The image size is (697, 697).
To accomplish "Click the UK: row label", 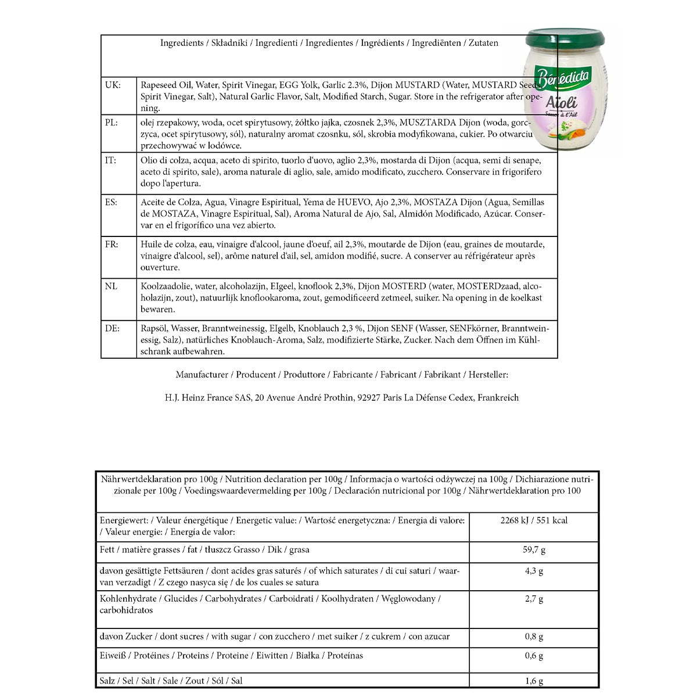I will click(113, 85).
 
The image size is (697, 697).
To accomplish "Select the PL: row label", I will click(112, 123).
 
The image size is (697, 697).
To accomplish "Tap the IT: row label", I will click(110, 160).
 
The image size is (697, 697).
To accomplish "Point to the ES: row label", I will click(112, 203).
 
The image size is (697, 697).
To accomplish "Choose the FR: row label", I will click(112, 245).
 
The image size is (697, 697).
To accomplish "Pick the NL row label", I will click(111, 286).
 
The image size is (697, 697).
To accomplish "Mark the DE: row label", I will click(112, 328).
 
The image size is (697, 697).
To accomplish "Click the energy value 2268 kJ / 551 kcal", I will click(534, 520).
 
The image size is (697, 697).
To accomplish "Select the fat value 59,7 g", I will click(534, 549).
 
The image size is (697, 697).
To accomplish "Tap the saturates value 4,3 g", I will click(534, 571).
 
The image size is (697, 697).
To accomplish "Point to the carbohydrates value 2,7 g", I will click(534, 599).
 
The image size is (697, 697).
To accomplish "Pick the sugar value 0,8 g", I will click(534, 637).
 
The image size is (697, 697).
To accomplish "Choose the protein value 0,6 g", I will click(534, 656).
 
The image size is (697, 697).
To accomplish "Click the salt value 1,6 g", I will click(534, 681).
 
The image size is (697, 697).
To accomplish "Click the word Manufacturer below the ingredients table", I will click(202, 375).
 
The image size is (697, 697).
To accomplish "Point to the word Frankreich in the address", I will click(498, 398).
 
